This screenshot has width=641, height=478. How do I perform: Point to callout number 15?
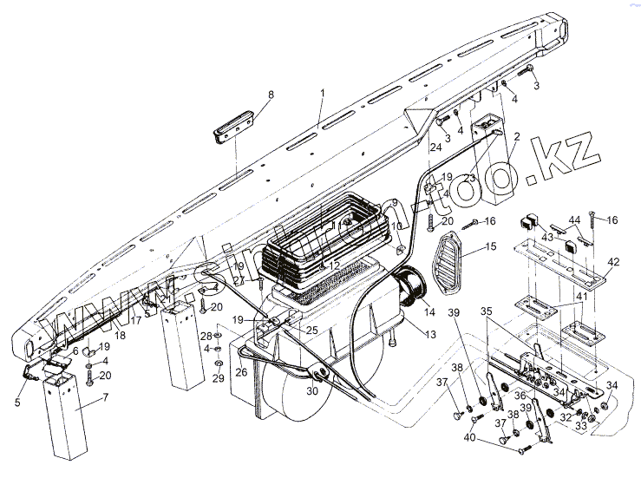pos(490,247)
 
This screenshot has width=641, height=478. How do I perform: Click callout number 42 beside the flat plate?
pos(614,261)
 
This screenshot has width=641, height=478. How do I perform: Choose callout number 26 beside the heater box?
pos(241,374)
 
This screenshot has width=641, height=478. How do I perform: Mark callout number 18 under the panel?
pos(120,335)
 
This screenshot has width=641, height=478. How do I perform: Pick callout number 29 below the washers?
pos(218,379)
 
